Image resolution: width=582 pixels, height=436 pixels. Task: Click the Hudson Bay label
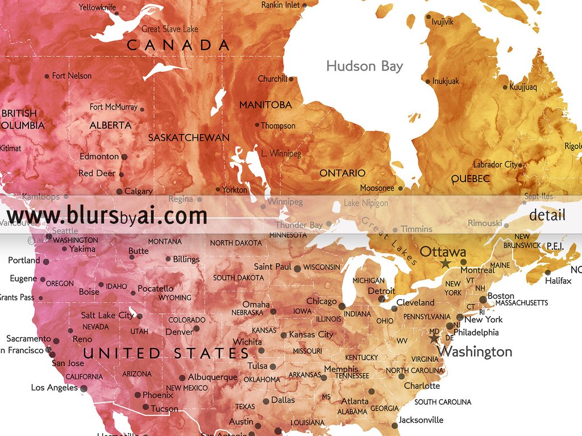[x=364, y=66]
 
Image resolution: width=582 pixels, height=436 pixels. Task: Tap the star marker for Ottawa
[x=445, y=263]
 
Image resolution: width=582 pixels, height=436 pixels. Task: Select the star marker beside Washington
[x=434, y=338]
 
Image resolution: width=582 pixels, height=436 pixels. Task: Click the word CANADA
[x=178, y=45]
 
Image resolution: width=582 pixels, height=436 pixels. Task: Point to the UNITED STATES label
[x=167, y=353]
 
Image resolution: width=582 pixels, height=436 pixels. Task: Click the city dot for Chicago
[x=342, y=306]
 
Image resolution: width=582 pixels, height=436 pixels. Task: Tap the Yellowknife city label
[x=97, y=7]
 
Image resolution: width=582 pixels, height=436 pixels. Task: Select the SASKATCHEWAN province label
[x=189, y=137]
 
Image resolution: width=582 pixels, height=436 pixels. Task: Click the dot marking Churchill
[x=292, y=79]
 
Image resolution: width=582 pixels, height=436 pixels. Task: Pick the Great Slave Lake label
[x=170, y=28]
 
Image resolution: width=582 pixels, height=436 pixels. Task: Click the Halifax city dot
[x=548, y=272]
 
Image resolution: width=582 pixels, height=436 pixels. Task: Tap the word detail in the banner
[x=547, y=215]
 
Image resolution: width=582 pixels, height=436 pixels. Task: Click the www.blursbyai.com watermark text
[x=107, y=216]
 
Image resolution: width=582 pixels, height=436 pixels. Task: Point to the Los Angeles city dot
[x=84, y=388]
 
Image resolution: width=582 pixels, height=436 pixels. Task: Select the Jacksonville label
[x=421, y=420]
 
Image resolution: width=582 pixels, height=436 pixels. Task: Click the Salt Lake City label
[x=107, y=315]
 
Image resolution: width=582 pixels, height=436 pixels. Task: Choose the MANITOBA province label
[x=265, y=104]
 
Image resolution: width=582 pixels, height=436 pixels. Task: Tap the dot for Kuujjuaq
[x=505, y=87]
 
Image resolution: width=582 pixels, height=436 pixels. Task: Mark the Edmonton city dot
[x=124, y=157]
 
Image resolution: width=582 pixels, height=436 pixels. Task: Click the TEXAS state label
[x=245, y=406]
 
